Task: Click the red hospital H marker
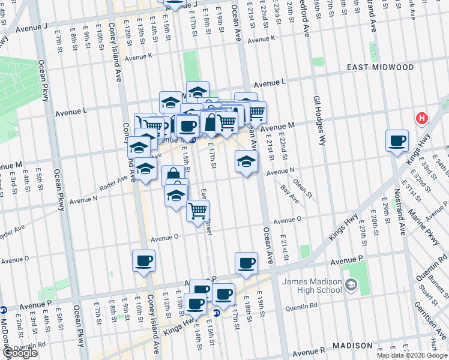tap(422, 118)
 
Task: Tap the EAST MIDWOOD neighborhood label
tap(380, 68)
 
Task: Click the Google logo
tap(19, 353)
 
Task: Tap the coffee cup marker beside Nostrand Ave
tap(397, 142)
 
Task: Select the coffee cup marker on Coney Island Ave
tap(143, 262)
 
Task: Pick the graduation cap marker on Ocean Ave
tap(246, 161)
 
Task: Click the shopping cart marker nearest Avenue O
tap(197, 211)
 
